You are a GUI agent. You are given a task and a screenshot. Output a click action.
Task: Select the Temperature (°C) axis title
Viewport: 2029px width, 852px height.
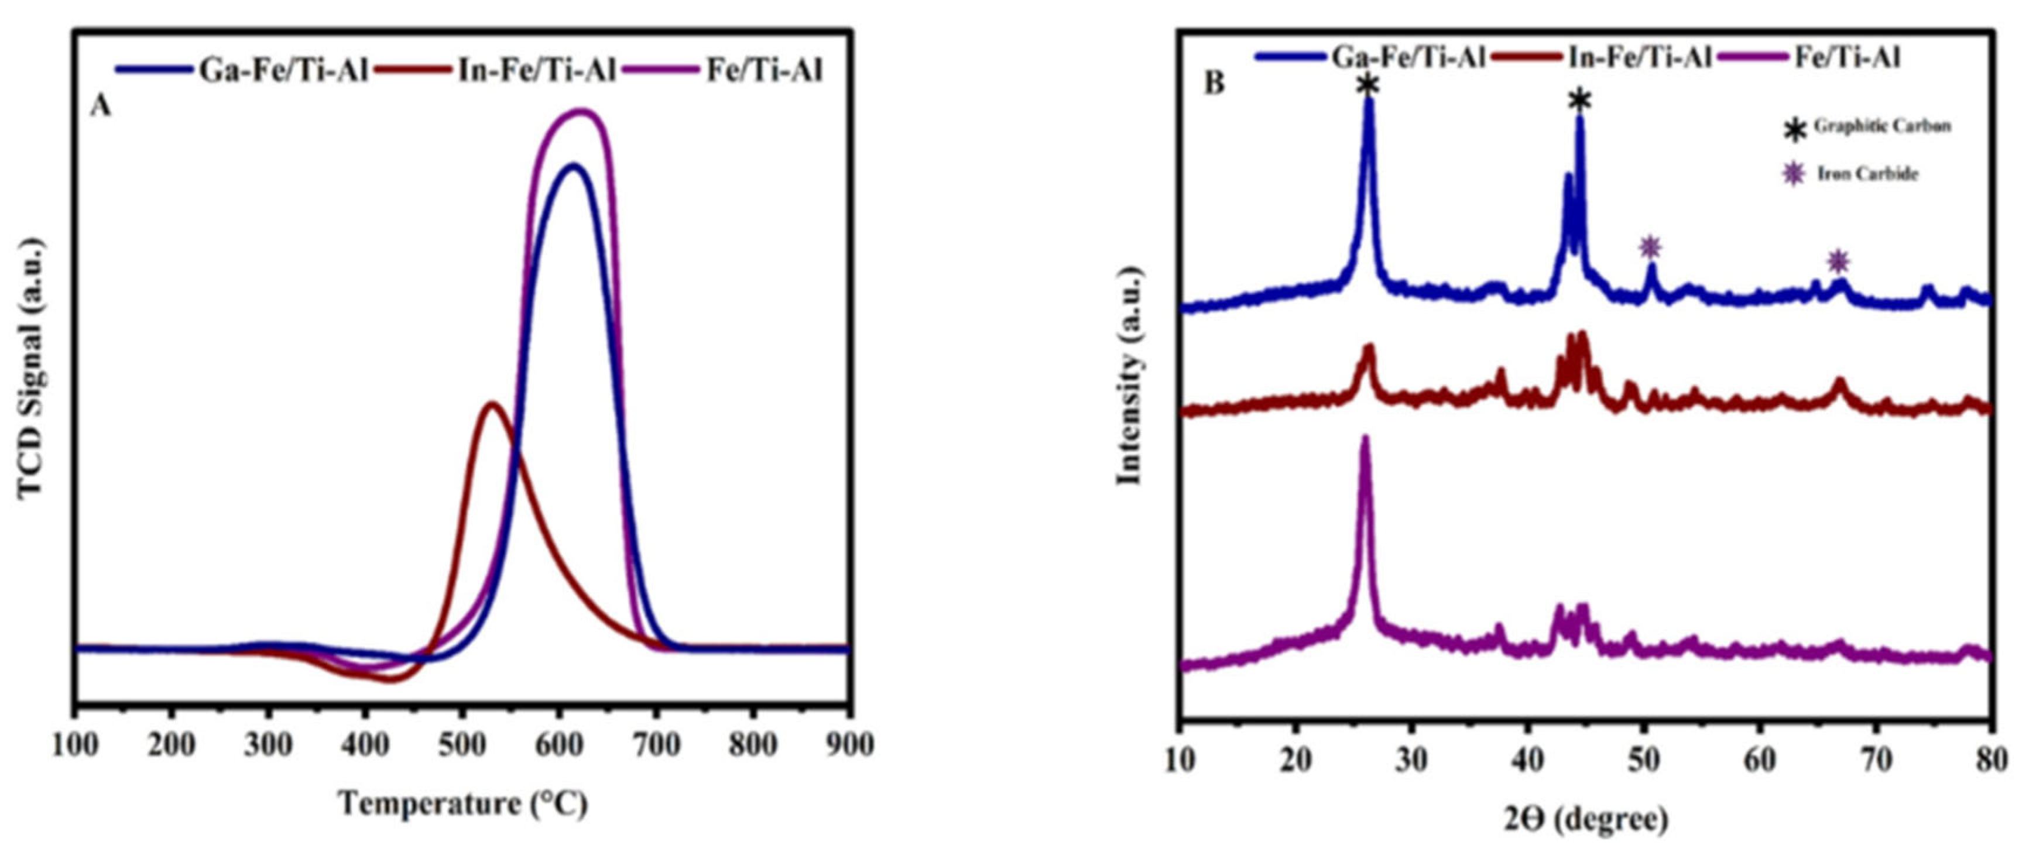tap(463, 804)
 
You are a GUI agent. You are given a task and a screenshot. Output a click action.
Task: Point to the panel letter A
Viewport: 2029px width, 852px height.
tap(101, 106)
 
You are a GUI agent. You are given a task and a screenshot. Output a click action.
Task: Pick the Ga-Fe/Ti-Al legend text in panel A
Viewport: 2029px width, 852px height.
tap(283, 71)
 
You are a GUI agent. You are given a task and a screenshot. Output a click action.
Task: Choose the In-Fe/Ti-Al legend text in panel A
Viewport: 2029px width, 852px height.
tap(536, 71)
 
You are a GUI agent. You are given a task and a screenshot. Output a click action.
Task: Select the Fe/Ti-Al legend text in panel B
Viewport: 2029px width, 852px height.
tap(1847, 57)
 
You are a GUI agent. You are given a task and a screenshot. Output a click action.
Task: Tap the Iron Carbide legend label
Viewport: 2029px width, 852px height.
tap(1867, 174)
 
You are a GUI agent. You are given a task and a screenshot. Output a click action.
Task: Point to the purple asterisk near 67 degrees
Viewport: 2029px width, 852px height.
tap(1838, 260)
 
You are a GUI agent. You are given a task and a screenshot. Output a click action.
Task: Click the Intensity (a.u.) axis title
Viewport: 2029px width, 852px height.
tap(1130, 376)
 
